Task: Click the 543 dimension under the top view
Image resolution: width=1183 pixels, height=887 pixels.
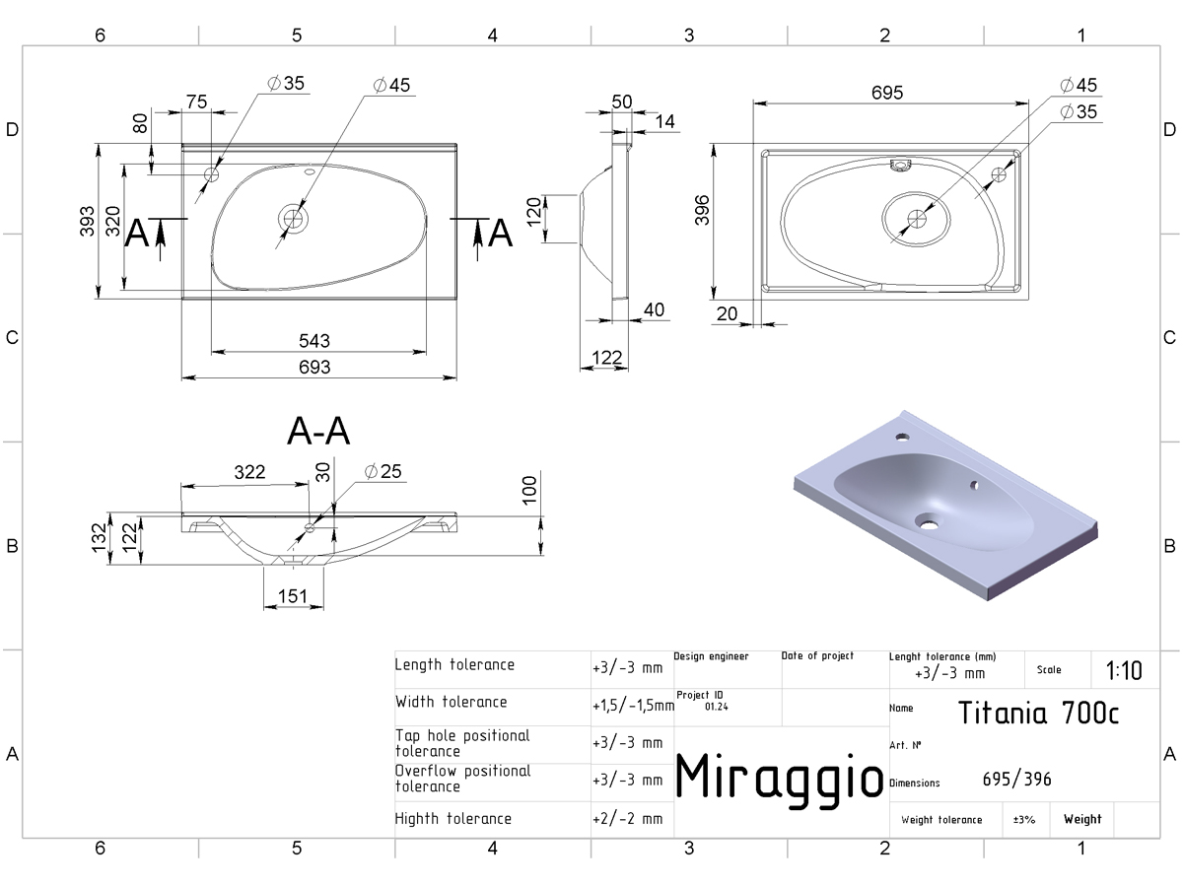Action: tap(314, 341)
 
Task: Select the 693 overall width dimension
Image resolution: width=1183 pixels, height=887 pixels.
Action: tap(314, 368)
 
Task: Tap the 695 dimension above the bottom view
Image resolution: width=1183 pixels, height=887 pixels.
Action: tap(887, 93)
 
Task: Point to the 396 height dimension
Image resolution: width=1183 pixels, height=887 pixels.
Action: tap(702, 210)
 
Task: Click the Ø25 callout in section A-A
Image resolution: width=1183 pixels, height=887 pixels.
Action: tap(383, 472)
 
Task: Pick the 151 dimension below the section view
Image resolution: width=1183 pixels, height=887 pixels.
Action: tap(293, 596)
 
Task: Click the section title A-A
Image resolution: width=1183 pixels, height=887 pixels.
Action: tap(318, 431)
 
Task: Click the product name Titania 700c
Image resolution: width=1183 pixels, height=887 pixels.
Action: tap(1038, 713)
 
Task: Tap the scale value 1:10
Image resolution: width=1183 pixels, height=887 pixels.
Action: tap(1124, 671)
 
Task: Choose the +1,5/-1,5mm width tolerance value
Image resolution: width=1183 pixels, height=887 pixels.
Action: tap(633, 706)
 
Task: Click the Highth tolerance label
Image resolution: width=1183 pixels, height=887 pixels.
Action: tap(452, 819)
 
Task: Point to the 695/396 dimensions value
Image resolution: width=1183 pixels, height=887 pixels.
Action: tap(1016, 780)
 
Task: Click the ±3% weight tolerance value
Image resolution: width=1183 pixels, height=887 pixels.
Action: tap(1024, 820)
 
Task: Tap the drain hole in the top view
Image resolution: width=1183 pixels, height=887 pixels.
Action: tap(293, 219)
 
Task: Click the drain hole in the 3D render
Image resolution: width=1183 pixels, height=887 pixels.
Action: tap(929, 522)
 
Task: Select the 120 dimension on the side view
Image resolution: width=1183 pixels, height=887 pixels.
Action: tap(533, 212)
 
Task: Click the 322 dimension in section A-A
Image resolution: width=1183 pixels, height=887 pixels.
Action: tap(249, 472)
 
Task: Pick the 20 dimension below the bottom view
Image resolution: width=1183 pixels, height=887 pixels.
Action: tap(727, 314)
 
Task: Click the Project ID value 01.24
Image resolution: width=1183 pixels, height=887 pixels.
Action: tap(717, 707)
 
